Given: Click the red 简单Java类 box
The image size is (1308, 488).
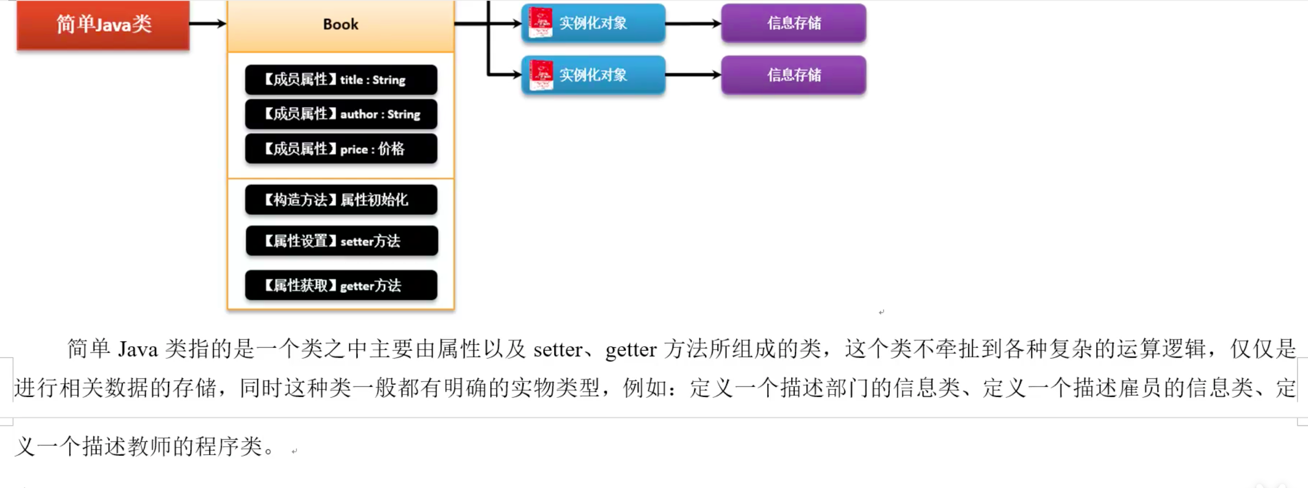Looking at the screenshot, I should click(x=103, y=24).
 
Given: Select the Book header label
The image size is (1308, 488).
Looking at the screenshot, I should click(x=340, y=24).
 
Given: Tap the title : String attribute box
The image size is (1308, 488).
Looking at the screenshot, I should click(x=341, y=80).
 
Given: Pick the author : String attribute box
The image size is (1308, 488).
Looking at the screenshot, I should click(x=341, y=114).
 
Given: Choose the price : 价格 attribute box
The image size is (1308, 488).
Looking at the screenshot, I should click(x=341, y=148).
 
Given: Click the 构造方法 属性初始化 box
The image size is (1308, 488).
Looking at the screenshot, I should click(x=341, y=199).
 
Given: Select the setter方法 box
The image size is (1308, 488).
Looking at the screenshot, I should click(x=341, y=241).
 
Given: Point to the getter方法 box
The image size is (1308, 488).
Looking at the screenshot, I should click(x=341, y=285).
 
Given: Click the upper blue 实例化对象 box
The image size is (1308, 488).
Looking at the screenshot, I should click(x=593, y=23).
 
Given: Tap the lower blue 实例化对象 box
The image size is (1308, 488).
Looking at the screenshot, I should click(x=593, y=75).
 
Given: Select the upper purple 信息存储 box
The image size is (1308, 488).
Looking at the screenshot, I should click(x=793, y=23).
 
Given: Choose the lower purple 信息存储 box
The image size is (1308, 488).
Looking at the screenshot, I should click(x=793, y=75).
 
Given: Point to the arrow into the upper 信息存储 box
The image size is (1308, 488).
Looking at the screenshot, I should click(x=693, y=23).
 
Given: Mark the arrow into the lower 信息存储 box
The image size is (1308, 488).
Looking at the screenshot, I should click(x=693, y=74).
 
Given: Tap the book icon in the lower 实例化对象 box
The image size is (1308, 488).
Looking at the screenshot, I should click(x=541, y=75).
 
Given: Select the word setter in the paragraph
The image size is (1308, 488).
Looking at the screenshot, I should click(x=558, y=349).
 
